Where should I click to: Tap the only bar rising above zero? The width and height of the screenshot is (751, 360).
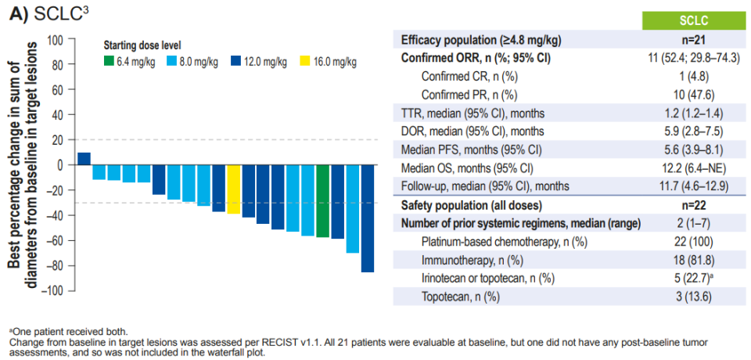84,159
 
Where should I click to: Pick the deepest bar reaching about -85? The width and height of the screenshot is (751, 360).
367,218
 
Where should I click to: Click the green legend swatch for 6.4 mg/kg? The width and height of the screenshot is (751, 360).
110,61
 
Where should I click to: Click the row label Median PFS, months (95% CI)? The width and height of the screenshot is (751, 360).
469,150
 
